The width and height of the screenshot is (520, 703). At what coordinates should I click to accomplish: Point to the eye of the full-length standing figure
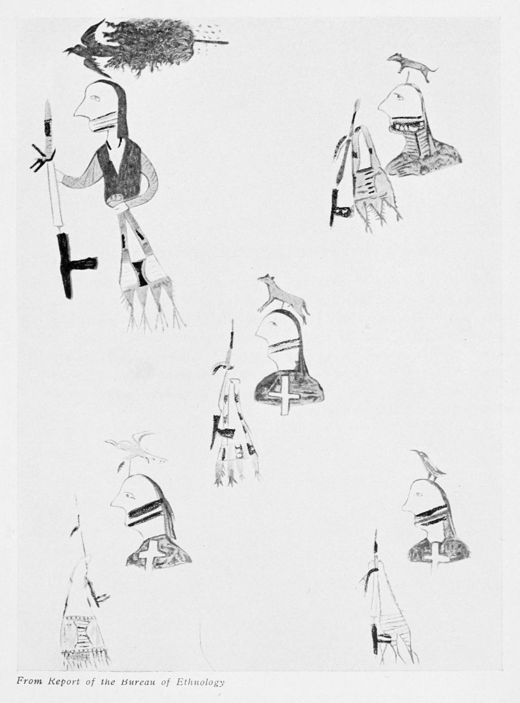94,99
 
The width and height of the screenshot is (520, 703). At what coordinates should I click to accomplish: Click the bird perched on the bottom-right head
429,465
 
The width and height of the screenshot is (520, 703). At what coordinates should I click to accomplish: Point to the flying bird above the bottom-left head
136,449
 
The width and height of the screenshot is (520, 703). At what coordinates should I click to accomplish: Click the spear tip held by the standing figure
48,109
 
